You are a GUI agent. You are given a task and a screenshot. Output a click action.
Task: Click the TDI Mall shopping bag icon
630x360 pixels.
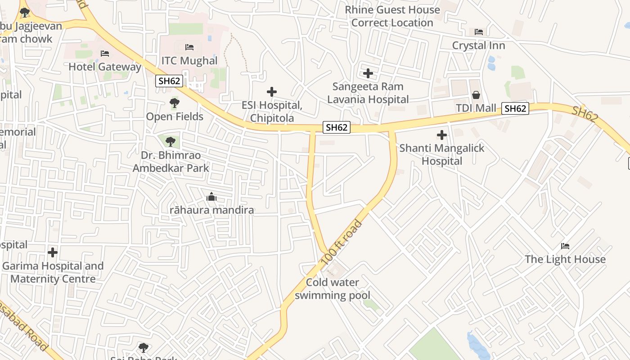476,95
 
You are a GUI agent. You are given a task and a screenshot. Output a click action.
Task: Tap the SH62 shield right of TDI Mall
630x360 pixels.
515,108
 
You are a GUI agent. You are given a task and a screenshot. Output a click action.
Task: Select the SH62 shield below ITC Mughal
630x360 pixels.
169,81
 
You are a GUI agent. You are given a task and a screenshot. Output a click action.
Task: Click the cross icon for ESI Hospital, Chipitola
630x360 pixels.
272,92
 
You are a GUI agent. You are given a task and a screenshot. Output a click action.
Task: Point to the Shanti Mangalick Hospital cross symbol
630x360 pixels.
442,135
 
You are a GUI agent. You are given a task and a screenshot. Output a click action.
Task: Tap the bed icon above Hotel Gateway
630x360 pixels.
105,54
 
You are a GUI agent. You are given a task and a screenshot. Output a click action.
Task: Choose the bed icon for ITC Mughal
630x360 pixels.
189,47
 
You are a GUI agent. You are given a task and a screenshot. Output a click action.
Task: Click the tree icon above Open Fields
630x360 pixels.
175,103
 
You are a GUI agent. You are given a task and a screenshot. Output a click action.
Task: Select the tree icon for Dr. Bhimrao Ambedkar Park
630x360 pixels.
170,142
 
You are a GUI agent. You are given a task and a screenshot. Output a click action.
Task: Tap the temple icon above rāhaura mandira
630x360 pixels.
211,197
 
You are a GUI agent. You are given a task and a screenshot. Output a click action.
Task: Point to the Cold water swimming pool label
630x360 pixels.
333,289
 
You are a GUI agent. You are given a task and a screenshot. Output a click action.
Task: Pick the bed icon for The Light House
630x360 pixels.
565,246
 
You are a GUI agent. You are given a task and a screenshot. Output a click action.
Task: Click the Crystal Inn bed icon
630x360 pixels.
479,32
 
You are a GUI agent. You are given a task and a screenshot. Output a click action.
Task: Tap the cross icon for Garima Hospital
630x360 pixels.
53,252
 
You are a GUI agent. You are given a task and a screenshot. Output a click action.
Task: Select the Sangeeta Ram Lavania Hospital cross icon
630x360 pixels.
368,73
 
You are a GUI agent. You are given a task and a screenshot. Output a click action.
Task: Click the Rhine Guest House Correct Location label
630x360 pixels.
392,16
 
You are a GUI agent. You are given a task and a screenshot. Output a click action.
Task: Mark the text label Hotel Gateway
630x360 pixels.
105,67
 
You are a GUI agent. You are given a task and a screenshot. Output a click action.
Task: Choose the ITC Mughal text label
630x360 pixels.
189,61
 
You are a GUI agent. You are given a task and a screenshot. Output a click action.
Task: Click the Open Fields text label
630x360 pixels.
175,117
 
